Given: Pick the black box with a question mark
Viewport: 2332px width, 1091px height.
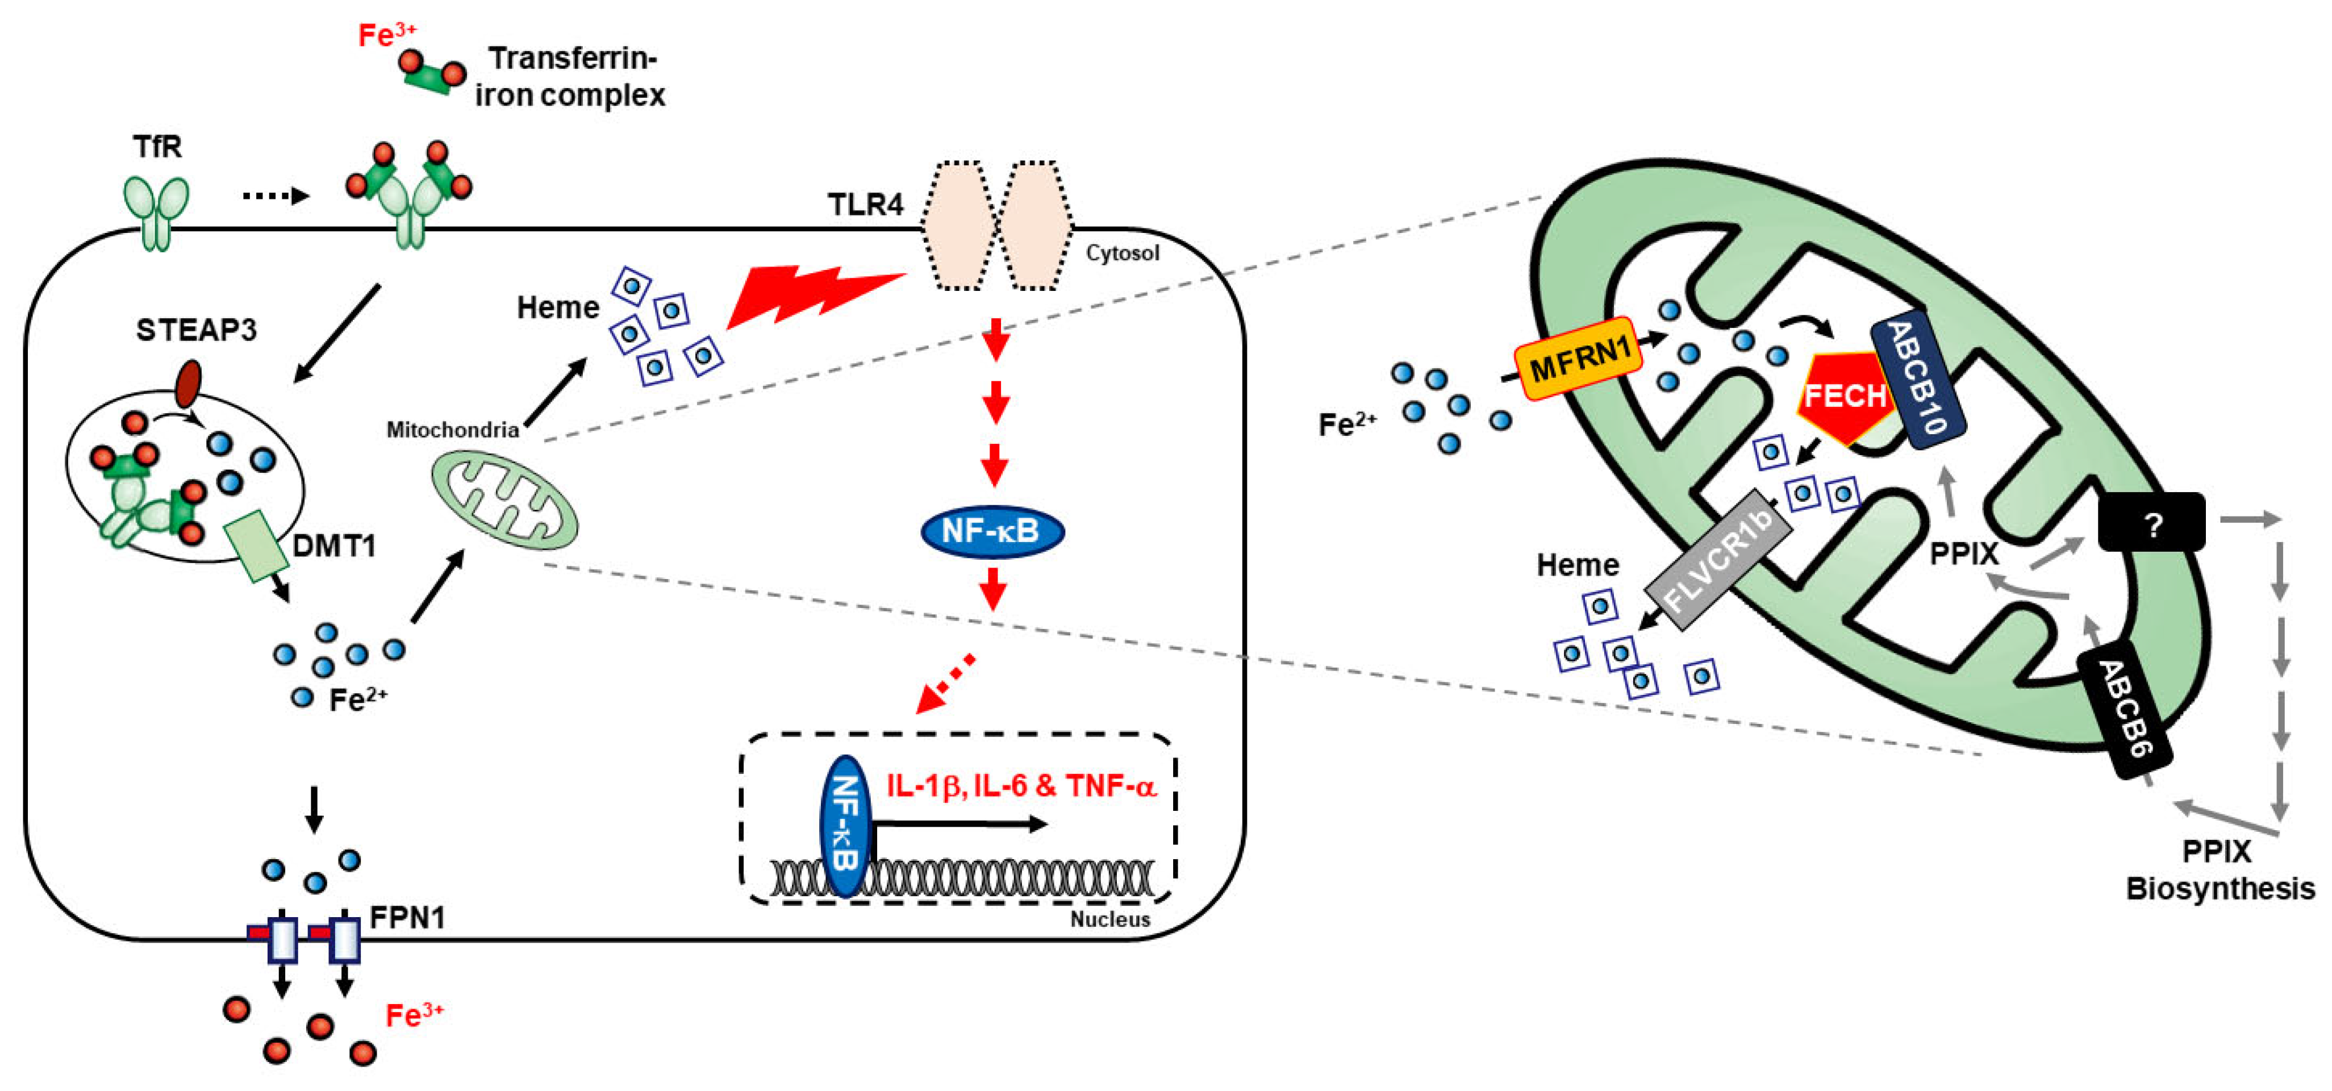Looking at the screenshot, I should [x=2151, y=522].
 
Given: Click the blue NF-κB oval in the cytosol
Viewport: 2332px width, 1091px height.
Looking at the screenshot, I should [x=992, y=531].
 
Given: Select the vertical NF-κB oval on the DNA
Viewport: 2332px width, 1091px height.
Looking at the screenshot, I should [x=845, y=825].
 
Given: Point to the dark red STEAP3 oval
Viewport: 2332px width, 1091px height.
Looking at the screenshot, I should [x=188, y=384].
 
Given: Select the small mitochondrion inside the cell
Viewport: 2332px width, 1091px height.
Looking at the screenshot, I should [x=503, y=501].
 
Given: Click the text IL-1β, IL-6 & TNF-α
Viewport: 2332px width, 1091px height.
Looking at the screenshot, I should [x=1020, y=785].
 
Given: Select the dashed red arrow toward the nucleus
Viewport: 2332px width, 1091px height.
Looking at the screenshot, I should [x=945, y=682].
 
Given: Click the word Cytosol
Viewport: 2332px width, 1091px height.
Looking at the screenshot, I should [x=1121, y=253].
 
